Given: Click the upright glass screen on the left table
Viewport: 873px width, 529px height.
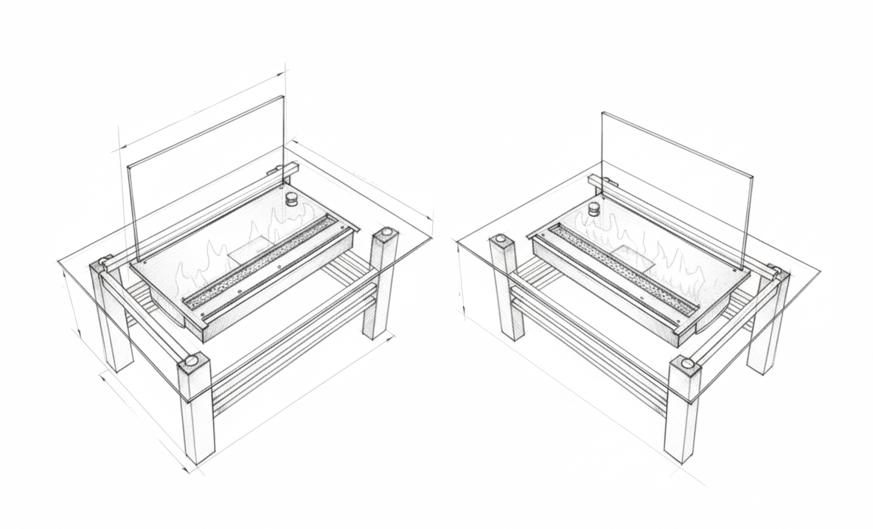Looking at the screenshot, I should click(206, 177).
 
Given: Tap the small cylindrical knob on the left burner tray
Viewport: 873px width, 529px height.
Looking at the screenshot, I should click(292, 199).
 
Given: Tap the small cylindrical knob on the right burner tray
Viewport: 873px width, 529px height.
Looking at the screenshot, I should click(594, 209).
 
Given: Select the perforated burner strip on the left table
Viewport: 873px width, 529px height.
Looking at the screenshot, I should click(265, 262).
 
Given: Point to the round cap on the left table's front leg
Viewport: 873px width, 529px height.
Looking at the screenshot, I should click(192, 362).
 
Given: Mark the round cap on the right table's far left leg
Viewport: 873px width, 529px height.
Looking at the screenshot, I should click(501, 240).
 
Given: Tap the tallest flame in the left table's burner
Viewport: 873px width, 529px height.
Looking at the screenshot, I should click(280, 221).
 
